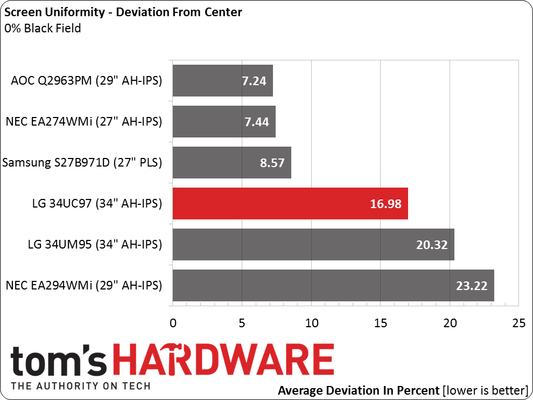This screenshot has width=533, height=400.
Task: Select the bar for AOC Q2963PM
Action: (222, 81)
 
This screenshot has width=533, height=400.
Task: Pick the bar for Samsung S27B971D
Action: (232, 163)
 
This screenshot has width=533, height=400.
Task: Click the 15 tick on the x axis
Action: (380, 323)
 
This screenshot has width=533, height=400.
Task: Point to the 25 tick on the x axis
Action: (518, 323)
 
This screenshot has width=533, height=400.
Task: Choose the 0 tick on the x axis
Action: (173, 323)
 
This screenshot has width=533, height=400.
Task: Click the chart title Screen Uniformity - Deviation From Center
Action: (123, 12)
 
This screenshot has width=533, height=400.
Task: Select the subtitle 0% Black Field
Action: (43, 28)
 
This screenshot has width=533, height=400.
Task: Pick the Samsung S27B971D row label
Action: (82, 163)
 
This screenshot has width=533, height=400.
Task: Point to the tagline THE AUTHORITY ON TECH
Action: (81, 386)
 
